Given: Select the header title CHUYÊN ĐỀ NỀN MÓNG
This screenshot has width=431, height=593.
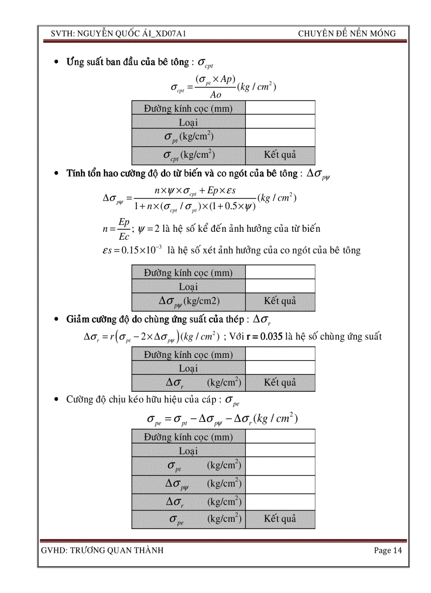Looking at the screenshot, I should point(346,34).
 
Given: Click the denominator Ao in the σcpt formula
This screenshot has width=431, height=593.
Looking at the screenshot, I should point(215,95).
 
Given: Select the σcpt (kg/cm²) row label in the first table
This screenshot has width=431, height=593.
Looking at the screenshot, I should point(189,155).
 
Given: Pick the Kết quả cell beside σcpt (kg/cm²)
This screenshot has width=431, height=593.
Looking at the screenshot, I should point(280,155).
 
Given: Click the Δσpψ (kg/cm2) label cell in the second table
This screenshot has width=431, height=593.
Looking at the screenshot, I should point(189,301).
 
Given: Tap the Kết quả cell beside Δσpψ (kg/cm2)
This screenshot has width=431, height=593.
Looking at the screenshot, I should point(280,301).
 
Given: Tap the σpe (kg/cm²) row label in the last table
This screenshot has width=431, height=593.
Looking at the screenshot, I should point(189,519).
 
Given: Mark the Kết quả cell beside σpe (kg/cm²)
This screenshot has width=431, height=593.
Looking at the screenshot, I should point(280,519).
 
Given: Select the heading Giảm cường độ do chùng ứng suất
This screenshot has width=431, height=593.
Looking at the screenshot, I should point(157,319).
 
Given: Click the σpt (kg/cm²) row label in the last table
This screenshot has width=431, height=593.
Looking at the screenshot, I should point(189,465).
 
